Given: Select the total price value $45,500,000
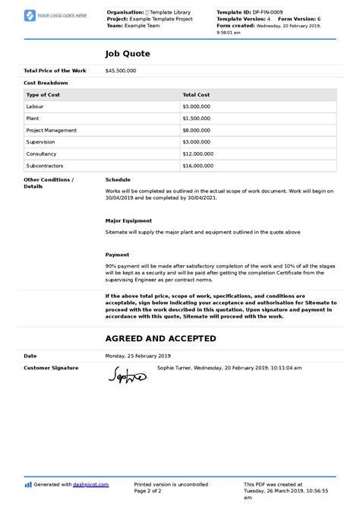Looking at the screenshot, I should [121, 71].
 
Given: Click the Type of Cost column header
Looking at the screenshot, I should [48, 95].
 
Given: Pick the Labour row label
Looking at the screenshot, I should [36, 106].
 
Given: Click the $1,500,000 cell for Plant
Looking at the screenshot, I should [197, 119].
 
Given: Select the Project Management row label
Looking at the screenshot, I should [51, 130].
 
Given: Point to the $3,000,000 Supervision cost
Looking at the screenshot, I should [197, 141].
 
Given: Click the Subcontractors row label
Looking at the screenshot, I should [44, 165].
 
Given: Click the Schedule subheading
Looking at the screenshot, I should [118, 179].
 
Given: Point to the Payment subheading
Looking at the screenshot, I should [117, 255].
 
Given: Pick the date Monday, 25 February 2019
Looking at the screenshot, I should [138, 356].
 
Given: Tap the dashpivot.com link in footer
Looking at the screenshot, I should [90, 484].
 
